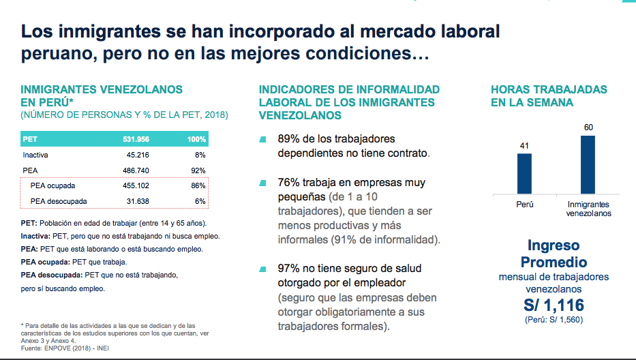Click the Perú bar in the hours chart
(524, 173)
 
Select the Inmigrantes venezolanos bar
(588, 164)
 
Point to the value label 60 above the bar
(588, 127)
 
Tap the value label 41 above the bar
(524, 145)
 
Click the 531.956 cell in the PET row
(136, 139)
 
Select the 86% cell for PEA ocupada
(198, 185)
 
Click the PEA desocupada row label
(59, 201)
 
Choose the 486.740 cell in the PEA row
(136, 170)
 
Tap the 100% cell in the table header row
(196, 139)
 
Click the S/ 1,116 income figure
(553, 305)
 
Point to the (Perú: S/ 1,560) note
(553, 320)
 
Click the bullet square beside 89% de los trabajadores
(262, 140)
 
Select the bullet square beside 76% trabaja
(262, 183)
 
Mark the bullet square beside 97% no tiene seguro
(262, 269)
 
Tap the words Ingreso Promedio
(554, 254)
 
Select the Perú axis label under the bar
(524, 204)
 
